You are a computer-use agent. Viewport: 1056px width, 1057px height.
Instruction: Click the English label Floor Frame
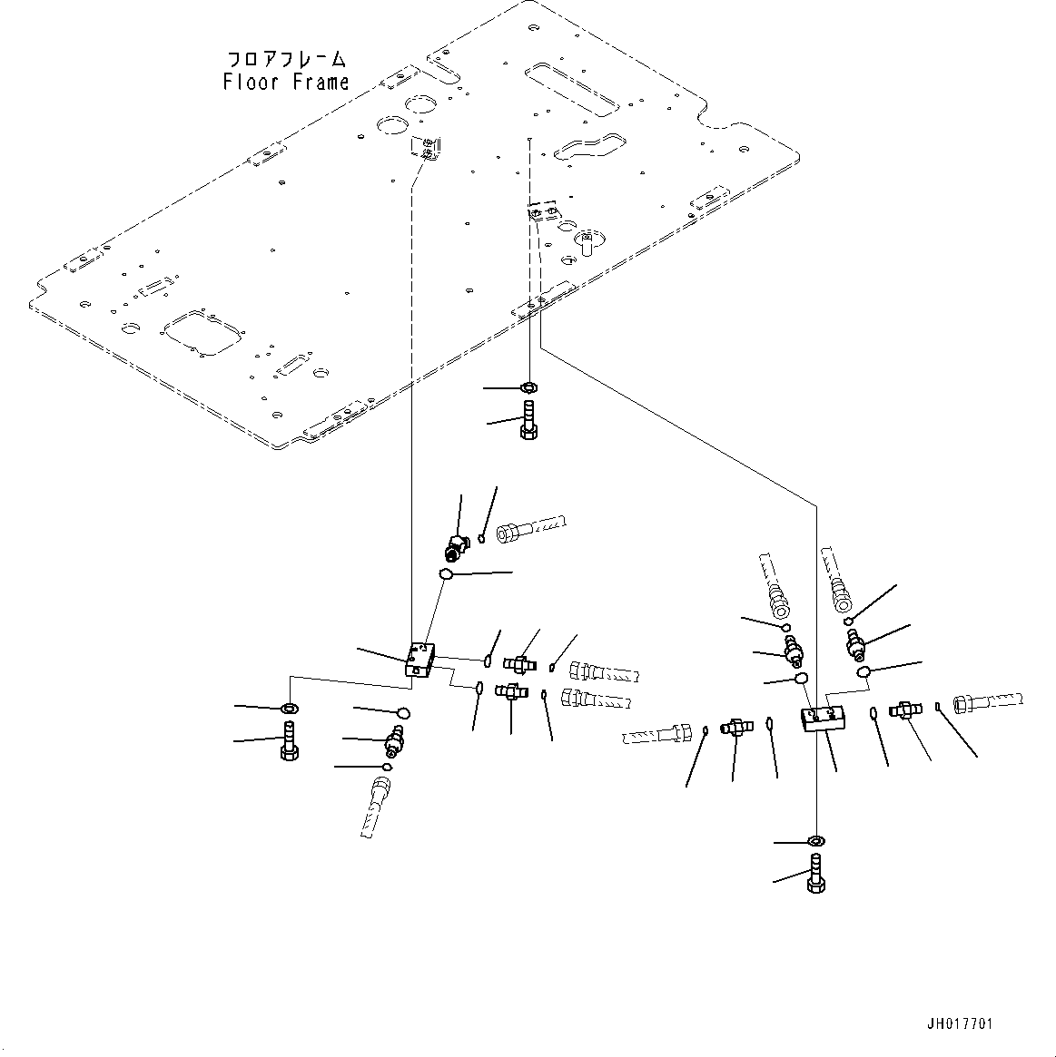pos(285,83)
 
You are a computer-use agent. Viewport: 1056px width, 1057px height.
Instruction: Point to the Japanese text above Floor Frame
pos(285,60)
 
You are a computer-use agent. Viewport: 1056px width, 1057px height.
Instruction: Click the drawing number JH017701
pos(959,1024)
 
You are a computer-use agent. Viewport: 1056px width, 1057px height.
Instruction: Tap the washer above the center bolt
pos(529,388)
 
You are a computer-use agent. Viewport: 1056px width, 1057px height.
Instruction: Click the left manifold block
pos(419,659)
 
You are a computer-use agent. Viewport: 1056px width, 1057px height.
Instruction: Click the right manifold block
pos(823,719)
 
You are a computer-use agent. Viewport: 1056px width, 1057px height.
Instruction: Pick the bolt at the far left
pos(289,739)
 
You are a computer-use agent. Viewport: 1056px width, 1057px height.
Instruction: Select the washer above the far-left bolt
pos(289,708)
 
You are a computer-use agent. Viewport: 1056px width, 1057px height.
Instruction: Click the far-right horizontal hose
pos(988,702)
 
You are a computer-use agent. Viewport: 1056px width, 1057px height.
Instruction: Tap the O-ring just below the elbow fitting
pos(446,574)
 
